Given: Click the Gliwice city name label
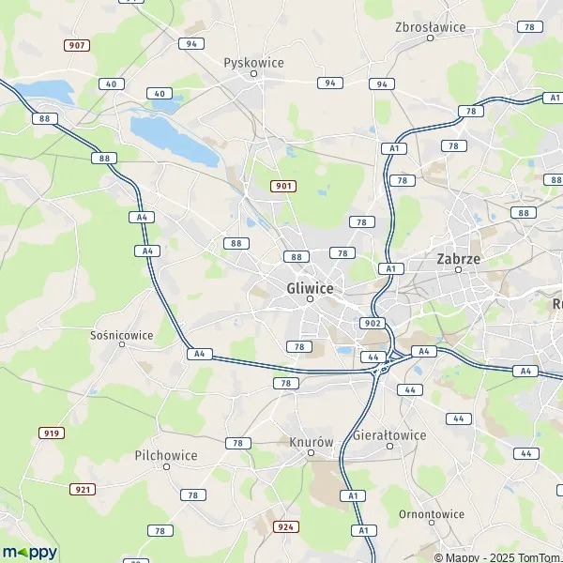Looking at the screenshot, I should (x=309, y=288).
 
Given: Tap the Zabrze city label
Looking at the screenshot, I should (x=459, y=257).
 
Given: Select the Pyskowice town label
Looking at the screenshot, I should (x=253, y=62).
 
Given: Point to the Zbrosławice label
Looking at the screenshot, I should (x=431, y=26).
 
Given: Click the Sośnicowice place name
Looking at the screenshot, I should (x=122, y=333).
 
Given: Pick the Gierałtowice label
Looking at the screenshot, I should (x=389, y=434).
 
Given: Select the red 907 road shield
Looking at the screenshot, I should (x=76, y=45).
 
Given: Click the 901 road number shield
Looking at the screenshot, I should (x=283, y=186).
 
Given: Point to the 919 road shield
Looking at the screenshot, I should (x=51, y=433).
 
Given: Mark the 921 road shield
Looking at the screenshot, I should (x=83, y=489).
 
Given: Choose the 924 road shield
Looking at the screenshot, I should (x=286, y=526).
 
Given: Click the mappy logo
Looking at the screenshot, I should (x=29, y=552).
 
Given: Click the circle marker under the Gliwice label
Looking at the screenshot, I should (x=309, y=299).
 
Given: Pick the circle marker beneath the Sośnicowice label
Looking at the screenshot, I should (x=122, y=344).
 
